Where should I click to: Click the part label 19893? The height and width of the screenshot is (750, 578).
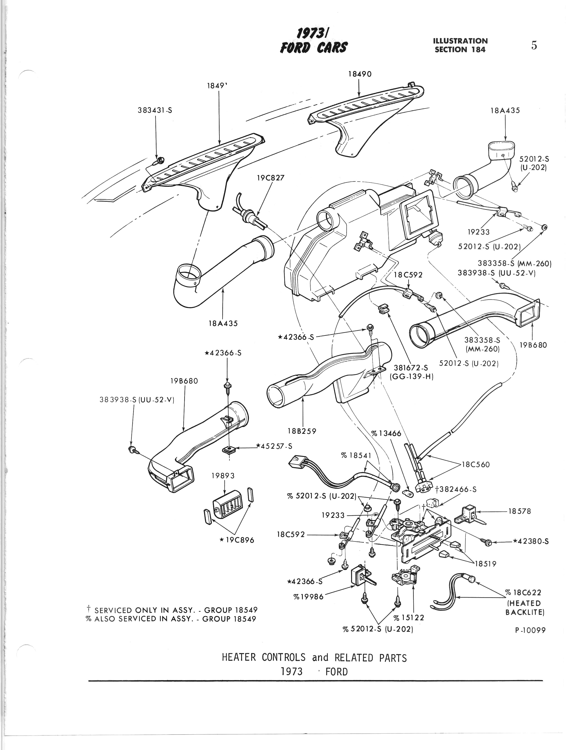tap(223, 476)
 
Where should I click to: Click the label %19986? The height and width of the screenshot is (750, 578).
tap(308, 597)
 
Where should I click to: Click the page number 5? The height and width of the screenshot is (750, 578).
tap(534, 45)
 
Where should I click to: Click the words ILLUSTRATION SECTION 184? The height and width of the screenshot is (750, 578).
tap(460, 45)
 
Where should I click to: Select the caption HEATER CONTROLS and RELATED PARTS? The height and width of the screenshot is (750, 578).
tap(314, 657)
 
